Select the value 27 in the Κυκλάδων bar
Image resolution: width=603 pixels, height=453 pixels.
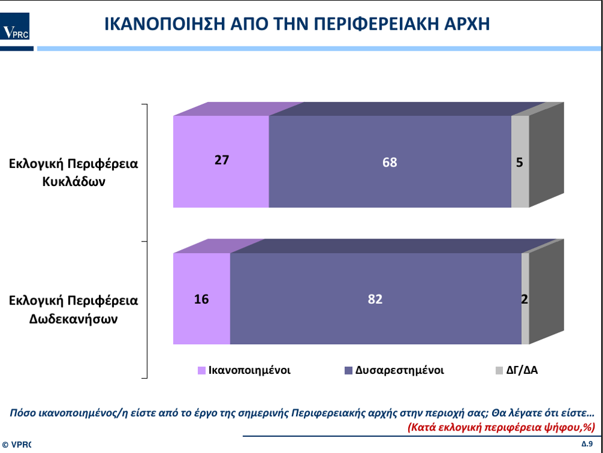(222, 160)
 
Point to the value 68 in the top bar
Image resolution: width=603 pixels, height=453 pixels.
(390, 162)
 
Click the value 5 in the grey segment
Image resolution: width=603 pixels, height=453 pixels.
(520, 162)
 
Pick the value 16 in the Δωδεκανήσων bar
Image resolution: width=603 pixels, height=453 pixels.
(201, 300)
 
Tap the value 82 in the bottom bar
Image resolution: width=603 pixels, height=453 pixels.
(375, 300)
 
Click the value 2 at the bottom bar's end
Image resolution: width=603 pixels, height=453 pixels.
(525, 300)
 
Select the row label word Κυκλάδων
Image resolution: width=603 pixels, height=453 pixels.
(74, 181)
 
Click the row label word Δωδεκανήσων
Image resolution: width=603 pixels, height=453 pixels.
(74, 319)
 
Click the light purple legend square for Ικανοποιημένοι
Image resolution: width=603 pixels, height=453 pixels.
(201, 371)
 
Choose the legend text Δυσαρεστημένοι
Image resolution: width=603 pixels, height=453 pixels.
(400, 371)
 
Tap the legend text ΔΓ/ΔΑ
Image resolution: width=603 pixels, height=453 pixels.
(522, 371)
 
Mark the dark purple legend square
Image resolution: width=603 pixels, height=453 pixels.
(349, 371)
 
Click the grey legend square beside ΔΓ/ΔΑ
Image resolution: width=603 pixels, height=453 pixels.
(499, 371)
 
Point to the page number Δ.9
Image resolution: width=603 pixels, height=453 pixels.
(587, 443)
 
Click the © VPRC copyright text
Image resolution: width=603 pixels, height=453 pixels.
(16, 445)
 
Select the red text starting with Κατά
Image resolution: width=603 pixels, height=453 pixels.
(501, 427)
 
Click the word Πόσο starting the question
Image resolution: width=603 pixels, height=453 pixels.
(22, 413)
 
